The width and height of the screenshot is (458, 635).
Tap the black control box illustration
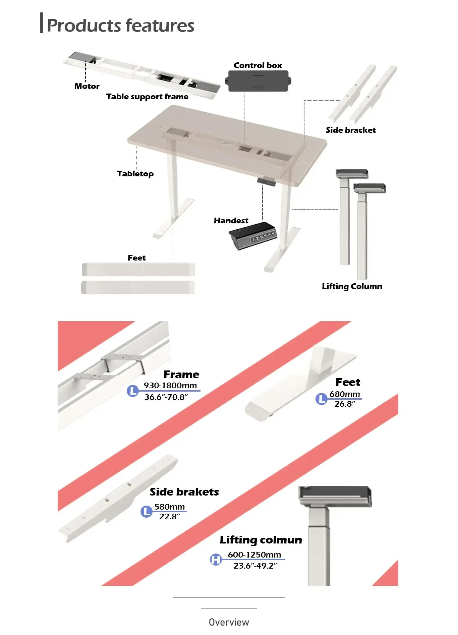258,81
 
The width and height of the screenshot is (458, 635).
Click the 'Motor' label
87,86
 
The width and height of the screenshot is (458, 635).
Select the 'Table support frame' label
147,97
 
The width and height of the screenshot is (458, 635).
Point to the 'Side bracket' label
351,130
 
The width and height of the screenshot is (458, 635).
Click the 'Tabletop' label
135,174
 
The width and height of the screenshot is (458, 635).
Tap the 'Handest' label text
231,221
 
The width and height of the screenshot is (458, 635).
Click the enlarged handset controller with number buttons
253,236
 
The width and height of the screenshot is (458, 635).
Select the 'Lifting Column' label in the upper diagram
352,286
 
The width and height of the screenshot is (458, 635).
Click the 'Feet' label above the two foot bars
136,258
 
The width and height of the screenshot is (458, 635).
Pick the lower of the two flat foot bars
138,287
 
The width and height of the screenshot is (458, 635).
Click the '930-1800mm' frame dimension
170,386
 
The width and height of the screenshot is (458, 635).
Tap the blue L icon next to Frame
133,391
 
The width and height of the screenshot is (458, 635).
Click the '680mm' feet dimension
344,394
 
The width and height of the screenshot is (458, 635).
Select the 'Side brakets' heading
184,492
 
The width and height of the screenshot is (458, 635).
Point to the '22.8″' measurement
169,517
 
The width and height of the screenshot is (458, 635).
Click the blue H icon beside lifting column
216,559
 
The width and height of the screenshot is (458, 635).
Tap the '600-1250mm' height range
254,555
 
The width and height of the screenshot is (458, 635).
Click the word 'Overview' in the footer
229,622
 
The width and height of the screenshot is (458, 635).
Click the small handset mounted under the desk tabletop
267,181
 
